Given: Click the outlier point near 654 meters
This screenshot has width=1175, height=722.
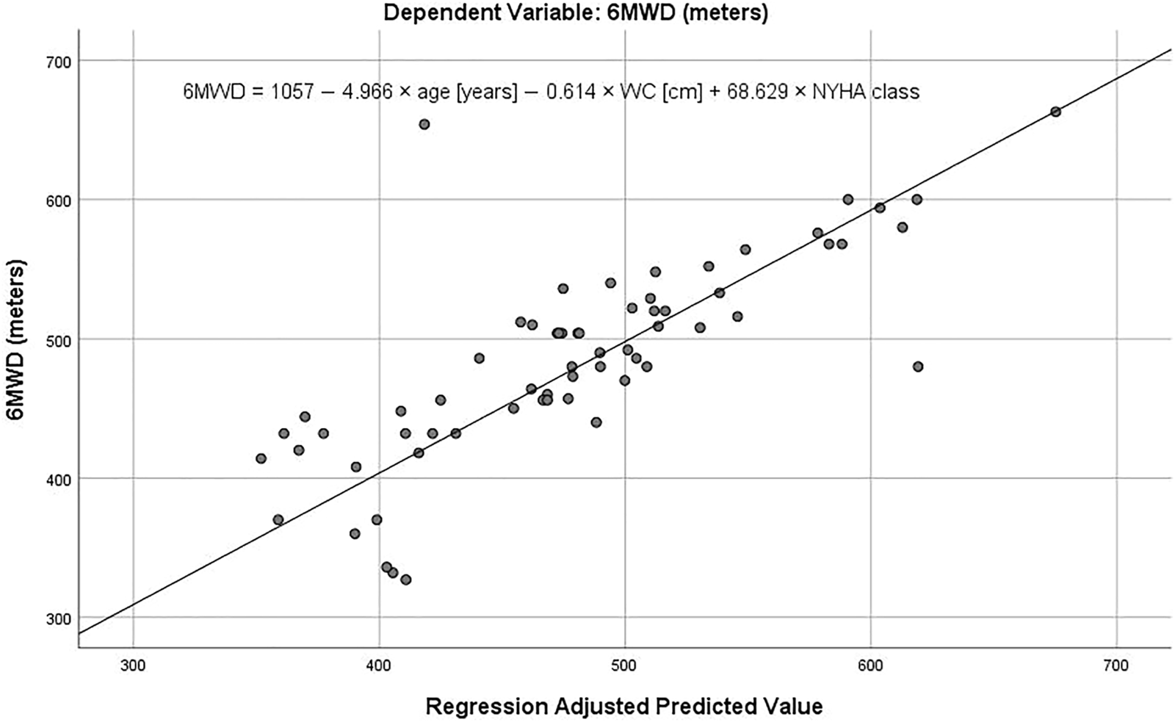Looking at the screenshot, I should pyautogui.click(x=424, y=124).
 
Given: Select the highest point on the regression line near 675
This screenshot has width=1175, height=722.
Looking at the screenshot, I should pyautogui.click(x=1055, y=112).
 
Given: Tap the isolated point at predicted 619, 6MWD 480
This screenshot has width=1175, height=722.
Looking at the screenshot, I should pyautogui.click(x=917, y=367).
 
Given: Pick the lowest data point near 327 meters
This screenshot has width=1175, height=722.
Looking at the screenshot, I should pyautogui.click(x=405, y=580).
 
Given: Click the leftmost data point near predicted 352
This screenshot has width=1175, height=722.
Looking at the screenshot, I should pyautogui.click(x=261, y=458).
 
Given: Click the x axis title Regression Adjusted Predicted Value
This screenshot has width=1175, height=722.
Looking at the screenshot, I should pyautogui.click(x=624, y=707).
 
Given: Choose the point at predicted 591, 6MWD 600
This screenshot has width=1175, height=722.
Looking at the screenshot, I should pyautogui.click(x=847, y=199).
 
